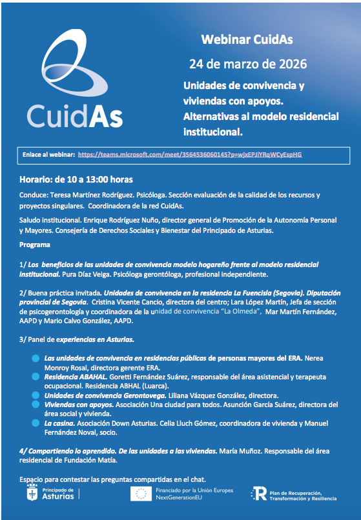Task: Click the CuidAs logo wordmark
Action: [74, 115]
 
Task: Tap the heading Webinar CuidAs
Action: [247, 40]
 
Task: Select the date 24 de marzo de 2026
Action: [247, 64]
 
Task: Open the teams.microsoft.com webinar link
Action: [189, 155]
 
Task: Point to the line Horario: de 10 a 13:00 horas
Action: [76, 179]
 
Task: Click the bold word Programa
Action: [35, 245]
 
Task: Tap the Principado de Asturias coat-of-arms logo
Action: [29, 494]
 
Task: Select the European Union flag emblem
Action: [141, 495]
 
